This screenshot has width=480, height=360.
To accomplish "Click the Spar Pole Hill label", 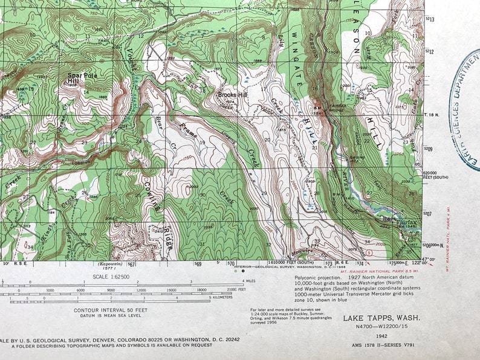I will pos(82,78).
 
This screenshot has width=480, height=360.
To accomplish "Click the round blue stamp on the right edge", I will pos(468,115).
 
